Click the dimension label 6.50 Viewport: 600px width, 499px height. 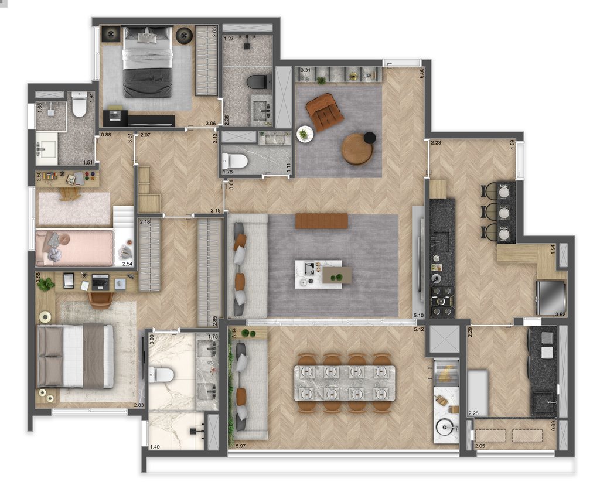[x=421, y=73]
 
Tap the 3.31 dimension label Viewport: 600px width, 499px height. [x=305, y=71]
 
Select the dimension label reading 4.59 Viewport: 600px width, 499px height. [x=512, y=145]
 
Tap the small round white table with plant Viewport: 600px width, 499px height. [x=305, y=134]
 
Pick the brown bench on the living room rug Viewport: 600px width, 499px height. [x=322, y=221]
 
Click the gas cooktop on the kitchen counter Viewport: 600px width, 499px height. [x=442, y=302]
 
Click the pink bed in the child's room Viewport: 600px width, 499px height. [x=75, y=248]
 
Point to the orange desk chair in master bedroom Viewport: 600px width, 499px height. [x=101, y=299]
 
